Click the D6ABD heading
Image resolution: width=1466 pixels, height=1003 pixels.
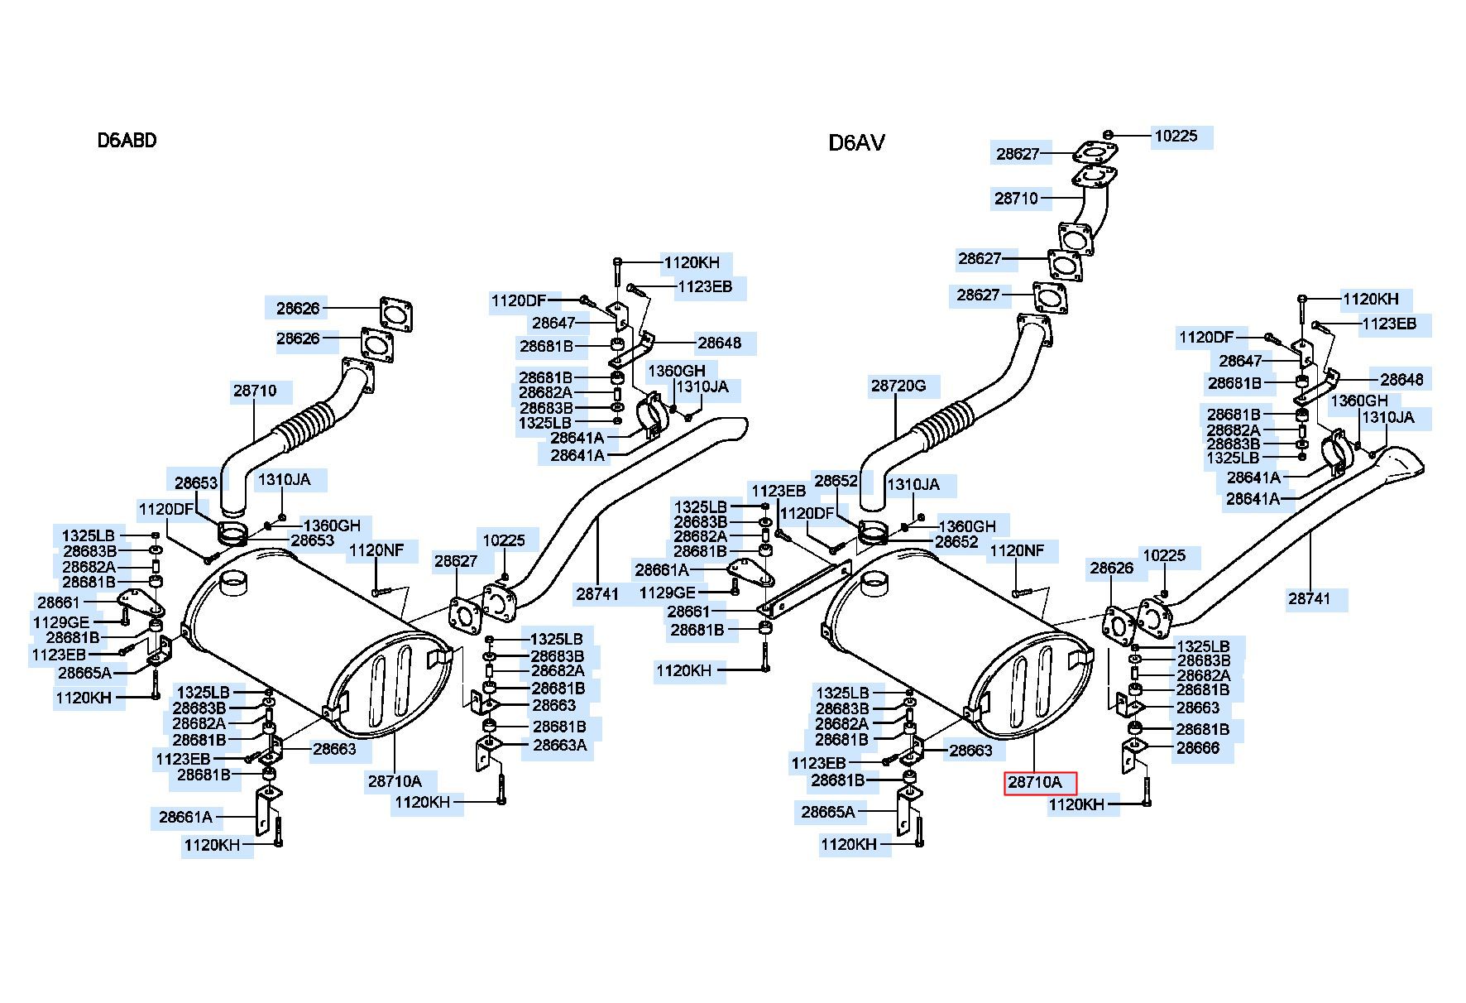[127, 140]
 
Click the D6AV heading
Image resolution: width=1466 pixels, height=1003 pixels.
[856, 143]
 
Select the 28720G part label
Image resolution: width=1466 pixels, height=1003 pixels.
[898, 386]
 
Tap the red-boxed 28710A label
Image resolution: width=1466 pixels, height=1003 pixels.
[1040, 782]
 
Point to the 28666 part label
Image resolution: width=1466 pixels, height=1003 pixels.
[1198, 749]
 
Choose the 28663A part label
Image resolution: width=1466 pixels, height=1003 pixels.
[559, 745]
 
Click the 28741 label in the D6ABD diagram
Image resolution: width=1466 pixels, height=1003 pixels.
[597, 593]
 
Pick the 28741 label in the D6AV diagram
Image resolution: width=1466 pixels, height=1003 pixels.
[1309, 597]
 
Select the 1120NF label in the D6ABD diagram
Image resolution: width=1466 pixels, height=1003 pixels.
[376, 549]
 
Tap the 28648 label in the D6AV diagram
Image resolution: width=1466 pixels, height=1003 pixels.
[1402, 379]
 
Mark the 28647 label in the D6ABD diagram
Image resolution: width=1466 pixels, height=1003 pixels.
[553, 323]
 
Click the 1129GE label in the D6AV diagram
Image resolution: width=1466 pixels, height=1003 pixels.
[668, 593]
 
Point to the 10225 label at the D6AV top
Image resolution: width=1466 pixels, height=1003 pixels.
[1176, 136]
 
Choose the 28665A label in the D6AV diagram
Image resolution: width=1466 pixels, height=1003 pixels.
[828, 812]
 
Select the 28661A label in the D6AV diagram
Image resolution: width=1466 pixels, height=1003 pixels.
[662, 569]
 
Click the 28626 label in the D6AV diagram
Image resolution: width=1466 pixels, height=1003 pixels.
[1111, 568]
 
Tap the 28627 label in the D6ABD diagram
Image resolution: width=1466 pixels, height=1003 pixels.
[456, 561]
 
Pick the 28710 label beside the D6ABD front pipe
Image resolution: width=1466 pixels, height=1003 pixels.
[255, 391]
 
